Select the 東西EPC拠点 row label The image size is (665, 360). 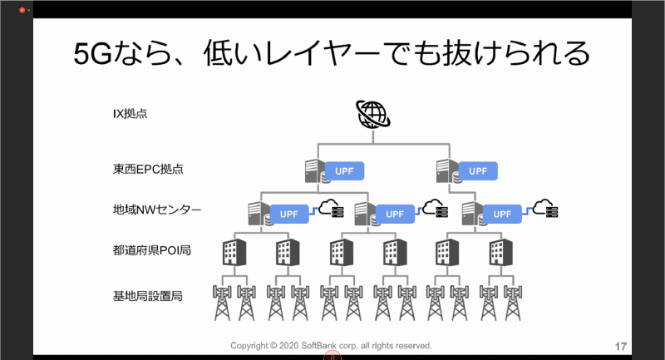coord(148,170)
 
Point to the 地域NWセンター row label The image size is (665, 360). coord(157,210)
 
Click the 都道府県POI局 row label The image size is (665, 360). coord(152,249)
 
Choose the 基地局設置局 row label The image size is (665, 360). coord(148,294)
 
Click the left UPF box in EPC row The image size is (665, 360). coord(345,171)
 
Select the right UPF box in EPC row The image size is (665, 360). coord(477,171)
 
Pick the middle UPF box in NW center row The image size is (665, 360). coord(396,214)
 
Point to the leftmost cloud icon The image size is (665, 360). coord(326,208)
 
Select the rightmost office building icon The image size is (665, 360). coord(500,250)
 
